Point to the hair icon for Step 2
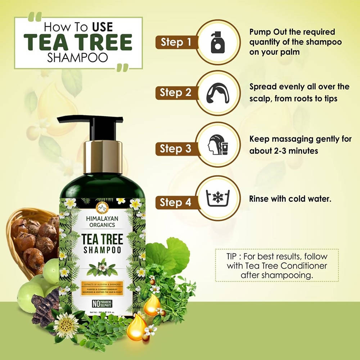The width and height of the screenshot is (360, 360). click(218, 93)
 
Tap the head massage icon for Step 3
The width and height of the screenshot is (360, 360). click(218, 145)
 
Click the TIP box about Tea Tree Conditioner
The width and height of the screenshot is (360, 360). click(276, 265)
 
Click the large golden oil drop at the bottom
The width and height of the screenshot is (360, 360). click(137, 327)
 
